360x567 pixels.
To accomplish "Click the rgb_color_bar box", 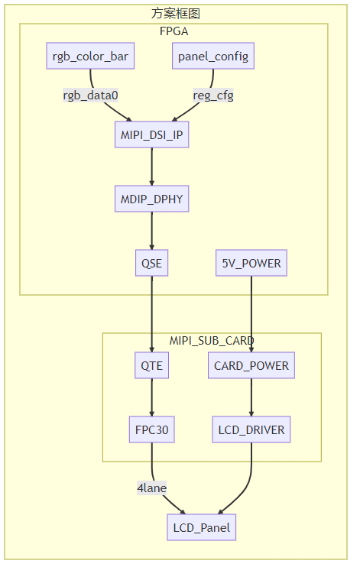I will pyautogui.click(x=91, y=57).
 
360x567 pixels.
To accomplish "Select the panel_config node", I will pyautogui.click(x=212, y=57).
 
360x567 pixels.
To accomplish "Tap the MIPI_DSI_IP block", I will pyautogui.click(x=151, y=134).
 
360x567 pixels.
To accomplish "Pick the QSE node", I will pyautogui.click(x=151, y=264).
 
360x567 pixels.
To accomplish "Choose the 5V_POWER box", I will pyautogui.click(x=251, y=264).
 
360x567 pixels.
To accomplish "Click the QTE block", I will pyautogui.click(x=151, y=365).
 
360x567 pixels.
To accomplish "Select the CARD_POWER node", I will pyautogui.click(x=251, y=365).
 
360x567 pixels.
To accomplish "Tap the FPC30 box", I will pyautogui.click(x=151, y=429).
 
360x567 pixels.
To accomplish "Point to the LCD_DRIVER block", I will pyautogui.click(x=251, y=429).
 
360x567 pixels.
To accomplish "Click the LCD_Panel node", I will pyautogui.click(x=201, y=527).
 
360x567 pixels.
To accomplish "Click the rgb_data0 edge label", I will pyautogui.click(x=91, y=95).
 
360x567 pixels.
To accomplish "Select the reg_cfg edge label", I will pyautogui.click(x=212, y=95).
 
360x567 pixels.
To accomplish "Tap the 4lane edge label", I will pyautogui.click(x=151, y=487).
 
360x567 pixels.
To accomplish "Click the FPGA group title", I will pyautogui.click(x=174, y=31).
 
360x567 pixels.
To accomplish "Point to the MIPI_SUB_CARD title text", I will pyautogui.click(x=212, y=340).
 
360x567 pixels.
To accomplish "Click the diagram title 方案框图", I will pyautogui.click(x=176, y=13).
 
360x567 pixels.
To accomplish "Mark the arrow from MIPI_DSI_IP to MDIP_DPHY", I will pyautogui.click(x=151, y=167).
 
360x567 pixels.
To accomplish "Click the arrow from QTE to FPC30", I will pyautogui.click(x=151, y=397).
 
